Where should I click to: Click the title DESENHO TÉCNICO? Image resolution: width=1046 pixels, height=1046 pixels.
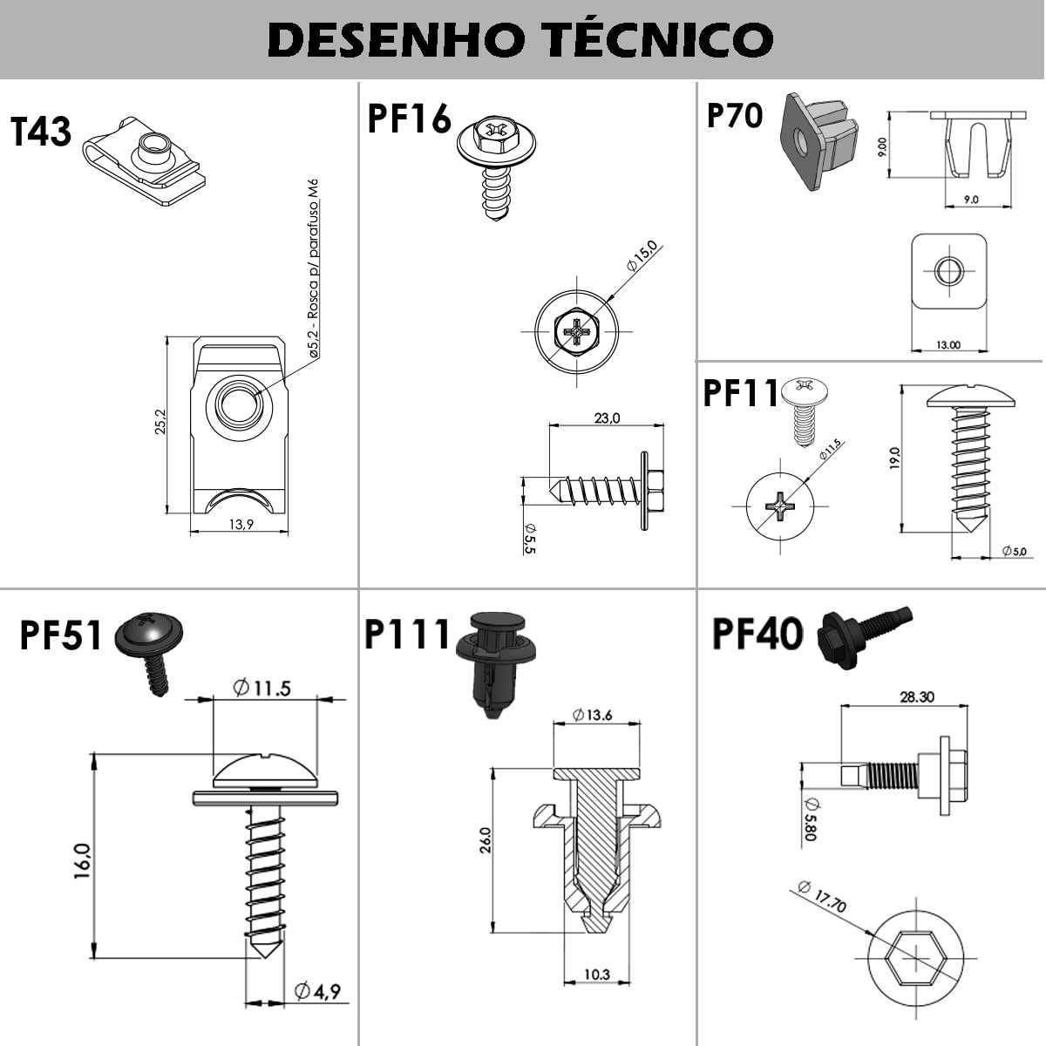[520, 39]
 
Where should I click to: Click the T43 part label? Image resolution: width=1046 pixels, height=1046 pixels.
[41, 132]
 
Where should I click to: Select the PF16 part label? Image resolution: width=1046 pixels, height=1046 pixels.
[409, 119]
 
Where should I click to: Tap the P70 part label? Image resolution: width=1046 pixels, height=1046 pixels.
[734, 115]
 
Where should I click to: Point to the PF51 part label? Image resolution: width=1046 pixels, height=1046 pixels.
[62, 635]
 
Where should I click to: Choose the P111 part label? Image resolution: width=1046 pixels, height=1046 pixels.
[407, 635]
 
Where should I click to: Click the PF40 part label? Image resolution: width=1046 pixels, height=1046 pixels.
[757, 634]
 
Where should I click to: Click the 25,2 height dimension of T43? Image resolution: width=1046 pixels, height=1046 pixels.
[161, 425]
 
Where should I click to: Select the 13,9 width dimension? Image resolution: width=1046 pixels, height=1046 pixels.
[241, 524]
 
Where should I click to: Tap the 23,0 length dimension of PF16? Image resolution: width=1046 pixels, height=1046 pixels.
[607, 418]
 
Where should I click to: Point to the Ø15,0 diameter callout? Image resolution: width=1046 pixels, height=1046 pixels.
[641, 257]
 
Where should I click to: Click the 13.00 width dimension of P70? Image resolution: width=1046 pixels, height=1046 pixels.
[948, 345]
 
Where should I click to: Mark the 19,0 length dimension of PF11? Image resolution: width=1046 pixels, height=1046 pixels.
[894, 458]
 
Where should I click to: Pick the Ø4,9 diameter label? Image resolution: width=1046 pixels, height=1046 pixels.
[317, 991]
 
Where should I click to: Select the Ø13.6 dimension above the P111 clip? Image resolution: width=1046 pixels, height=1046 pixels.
[593, 716]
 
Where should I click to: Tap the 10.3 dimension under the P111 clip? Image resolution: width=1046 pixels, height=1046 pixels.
[596, 975]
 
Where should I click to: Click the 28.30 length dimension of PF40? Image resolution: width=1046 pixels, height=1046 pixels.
[916, 696]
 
